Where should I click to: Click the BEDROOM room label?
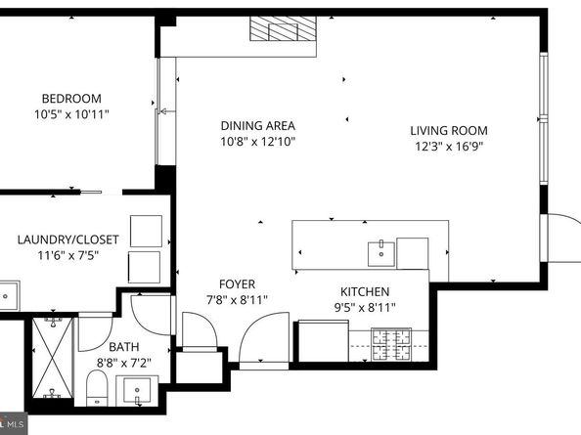tap(70, 98)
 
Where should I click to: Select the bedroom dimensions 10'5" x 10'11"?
tap(70, 113)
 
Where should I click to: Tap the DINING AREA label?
tap(257, 125)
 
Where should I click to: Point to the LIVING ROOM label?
tap(448, 130)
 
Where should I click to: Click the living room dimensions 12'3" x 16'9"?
tap(448, 146)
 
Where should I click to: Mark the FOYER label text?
tap(237, 284)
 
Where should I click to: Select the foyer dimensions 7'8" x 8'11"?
tap(237, 300)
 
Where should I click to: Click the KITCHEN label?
tap(365, 291)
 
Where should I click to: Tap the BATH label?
tap(124, 346)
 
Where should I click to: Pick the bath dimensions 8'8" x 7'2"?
tap(124, 362)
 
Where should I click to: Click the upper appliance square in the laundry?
tap(145, 230)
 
